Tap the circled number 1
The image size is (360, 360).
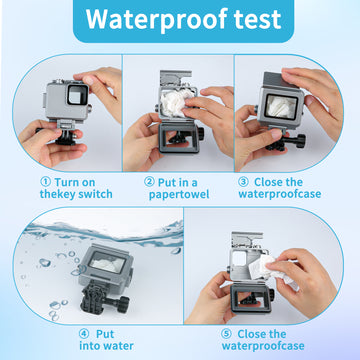pyautogui.click(x=45, y=182)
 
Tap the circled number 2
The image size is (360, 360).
pyautogui.click(x=149, y=182)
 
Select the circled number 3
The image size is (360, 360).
pyautogui.click(x=243, y=182)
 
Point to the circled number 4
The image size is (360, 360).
pyautogui.click(x=84, y=334)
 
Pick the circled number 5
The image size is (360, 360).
pyautogui.click(x=226, y=334)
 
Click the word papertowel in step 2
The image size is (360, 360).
pyautogui.click(x=179, y=194)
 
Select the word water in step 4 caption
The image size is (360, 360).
pyautogui.click(x=116, y=346)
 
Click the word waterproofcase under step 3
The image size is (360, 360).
pyautogui.click(x=280, y=194)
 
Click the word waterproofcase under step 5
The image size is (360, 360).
pyautogui.click(x=263, y=346)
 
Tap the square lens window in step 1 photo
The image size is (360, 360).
pyautogui.click(x=77, y=95)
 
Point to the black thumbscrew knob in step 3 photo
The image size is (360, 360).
pyautogui.click(x=299, y=141)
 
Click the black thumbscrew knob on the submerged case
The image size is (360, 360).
pyautogui.click(x=122, y=304)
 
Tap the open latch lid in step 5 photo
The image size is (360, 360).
pyautogui.click(x=247, y=239)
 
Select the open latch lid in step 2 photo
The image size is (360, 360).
pyautogui.click(x=175, y=77)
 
